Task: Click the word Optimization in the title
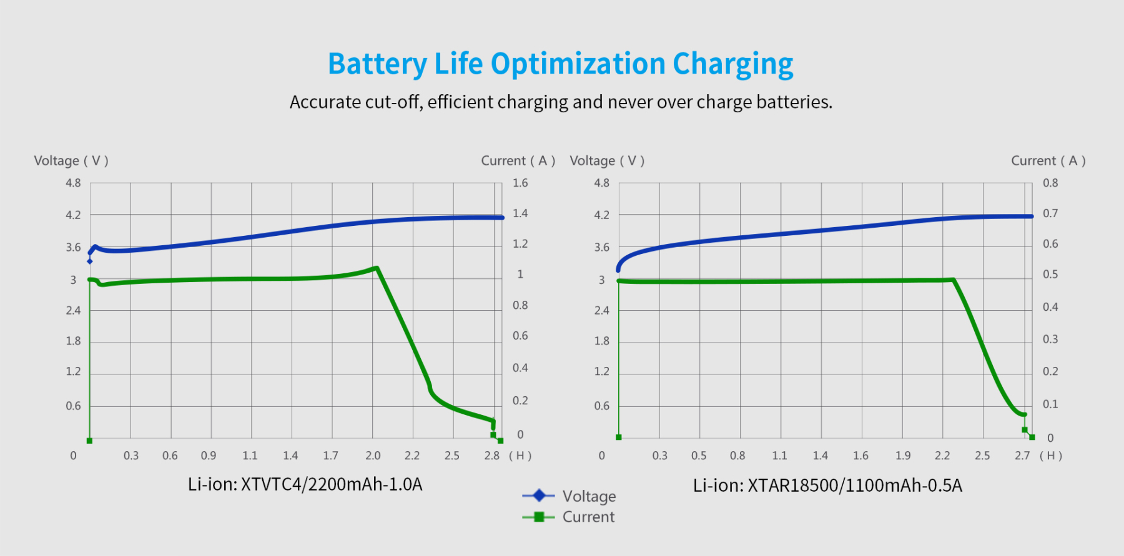pyautogui.click(x=578, y=64)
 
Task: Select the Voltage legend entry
pyautogui.click(x=588, y=496)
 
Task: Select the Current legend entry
pyautogui.click(x=588, y=517)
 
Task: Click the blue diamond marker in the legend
pyautogui.click(x=539, y=495)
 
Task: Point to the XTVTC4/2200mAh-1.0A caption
pyautogui.click(x=305, y=484)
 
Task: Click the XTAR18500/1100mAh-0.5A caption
pyautogui.click(x=827, y=485)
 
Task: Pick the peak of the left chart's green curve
pyautogui.click(x=377, y=268)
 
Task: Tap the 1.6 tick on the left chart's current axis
pyautogui.click(x=520, y=183)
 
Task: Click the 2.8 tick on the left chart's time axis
pyautogui.click(x=491, y=456)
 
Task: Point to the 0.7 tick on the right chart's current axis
pyautogui.click(x=1050, y=213)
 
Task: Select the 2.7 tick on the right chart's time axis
pyautogui.click(x=1022, y=456)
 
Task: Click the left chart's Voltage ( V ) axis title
pyautogui.click(x=71, y=161)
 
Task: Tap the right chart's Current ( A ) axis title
pyautogui.click(x=1048, y=161)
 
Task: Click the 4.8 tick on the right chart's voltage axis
pyautogui.click(x=601, y=183)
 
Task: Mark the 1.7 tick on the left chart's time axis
pyautogui.click(x=330, y=456)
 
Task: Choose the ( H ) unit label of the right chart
pyautogui.click(x=1051, y=456)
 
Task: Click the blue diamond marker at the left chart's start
pyautogui.click(x=90, y=261)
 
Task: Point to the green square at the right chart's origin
pyautogui.click(x=619, y=437)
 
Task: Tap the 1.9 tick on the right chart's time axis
pyautogui.click(x=902, y=456)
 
